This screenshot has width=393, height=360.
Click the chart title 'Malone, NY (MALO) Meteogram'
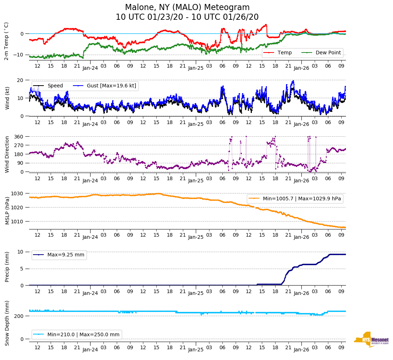click(x=187, y=7)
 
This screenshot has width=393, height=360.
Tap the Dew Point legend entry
click(x=329, y=53)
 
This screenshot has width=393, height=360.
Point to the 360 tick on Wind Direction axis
click(x=19, y=137)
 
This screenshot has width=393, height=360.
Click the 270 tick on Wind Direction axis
click(x=19, y=145)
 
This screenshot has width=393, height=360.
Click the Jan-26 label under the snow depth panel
click(x=301, y=349)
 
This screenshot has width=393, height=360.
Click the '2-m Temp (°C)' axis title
click(x=6, y=41)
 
